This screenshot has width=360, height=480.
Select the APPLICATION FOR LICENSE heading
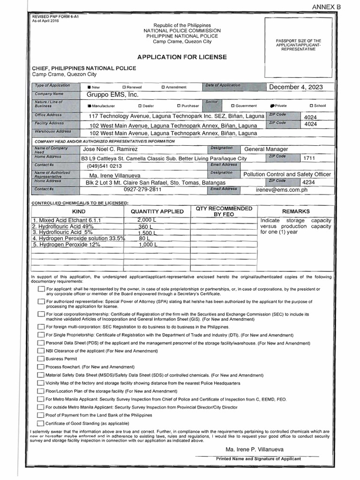click(182, 57)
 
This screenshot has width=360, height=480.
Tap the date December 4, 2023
click(295, 87)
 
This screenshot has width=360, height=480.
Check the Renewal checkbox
click(124, 87)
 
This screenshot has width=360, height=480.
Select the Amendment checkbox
click(163, 87)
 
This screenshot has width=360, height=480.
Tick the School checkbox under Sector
click(311, 106)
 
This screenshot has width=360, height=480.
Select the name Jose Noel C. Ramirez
click(110, 149)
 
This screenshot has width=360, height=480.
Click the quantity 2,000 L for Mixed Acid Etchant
click(147, 220)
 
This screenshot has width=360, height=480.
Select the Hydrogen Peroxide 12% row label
click(60, 244)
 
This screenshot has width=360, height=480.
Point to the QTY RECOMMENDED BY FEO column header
click(224, 211)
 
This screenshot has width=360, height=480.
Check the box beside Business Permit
click(41, 359)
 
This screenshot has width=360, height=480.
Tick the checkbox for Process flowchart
click(41, 367)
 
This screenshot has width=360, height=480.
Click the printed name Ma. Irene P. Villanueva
click(255, 449)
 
